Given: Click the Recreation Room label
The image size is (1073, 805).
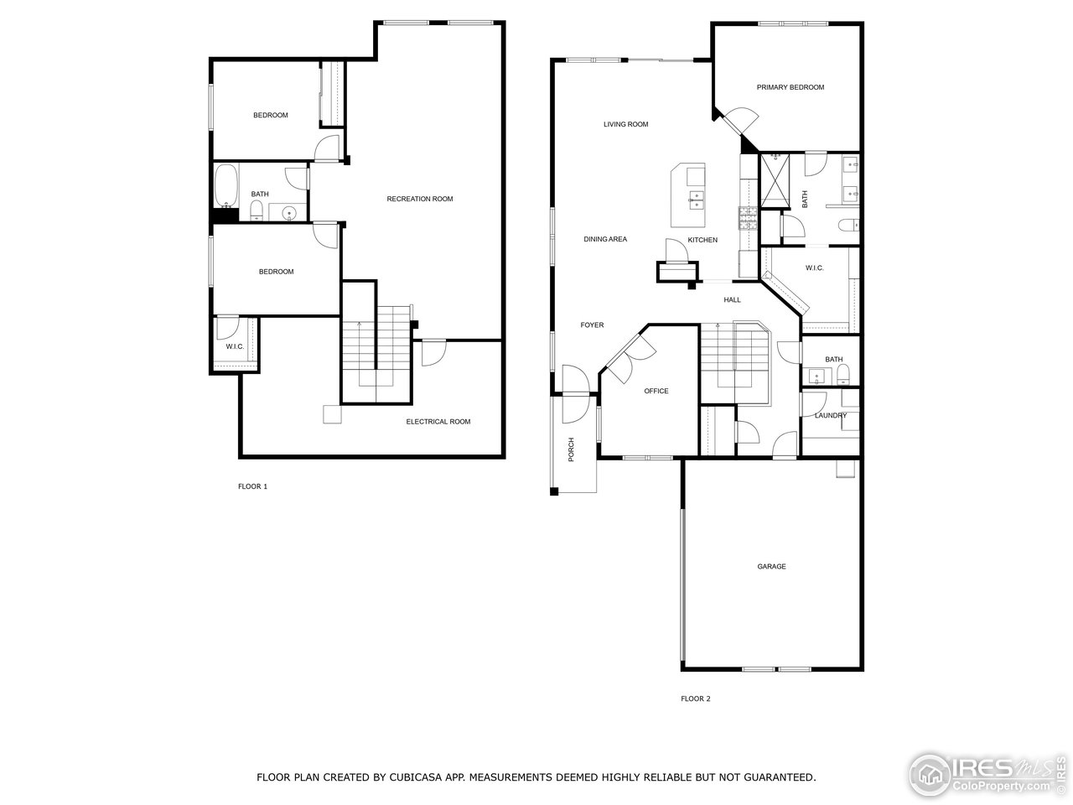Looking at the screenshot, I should click(x=419, y=199).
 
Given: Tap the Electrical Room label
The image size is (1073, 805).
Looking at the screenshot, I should click(x=438, y=422).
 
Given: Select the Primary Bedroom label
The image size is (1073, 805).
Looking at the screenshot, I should click(x=790, y=87).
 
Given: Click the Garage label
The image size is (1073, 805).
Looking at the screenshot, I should click(x=771, y=567).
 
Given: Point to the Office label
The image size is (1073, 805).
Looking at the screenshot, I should click(x=656, y=392).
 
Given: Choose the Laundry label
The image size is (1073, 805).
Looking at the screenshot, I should click(x=830, y=416).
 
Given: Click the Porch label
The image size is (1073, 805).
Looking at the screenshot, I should click(x=572, y=450).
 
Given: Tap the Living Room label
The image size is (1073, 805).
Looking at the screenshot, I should click(x=625, y=125).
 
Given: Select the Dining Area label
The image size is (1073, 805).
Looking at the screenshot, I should click(x=605, y=240).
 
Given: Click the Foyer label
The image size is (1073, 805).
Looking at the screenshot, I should click(x=592, y=325).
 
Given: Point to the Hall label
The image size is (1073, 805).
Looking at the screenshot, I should click(x=732, y=299).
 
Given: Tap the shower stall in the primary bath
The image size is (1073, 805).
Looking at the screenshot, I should click(x=775, y=179).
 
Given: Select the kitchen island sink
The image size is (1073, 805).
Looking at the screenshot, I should click(x=697, y=200).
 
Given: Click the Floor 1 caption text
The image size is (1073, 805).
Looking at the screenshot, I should click(x=252, y=486).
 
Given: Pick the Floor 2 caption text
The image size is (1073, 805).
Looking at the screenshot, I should click(x=695, y=699).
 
